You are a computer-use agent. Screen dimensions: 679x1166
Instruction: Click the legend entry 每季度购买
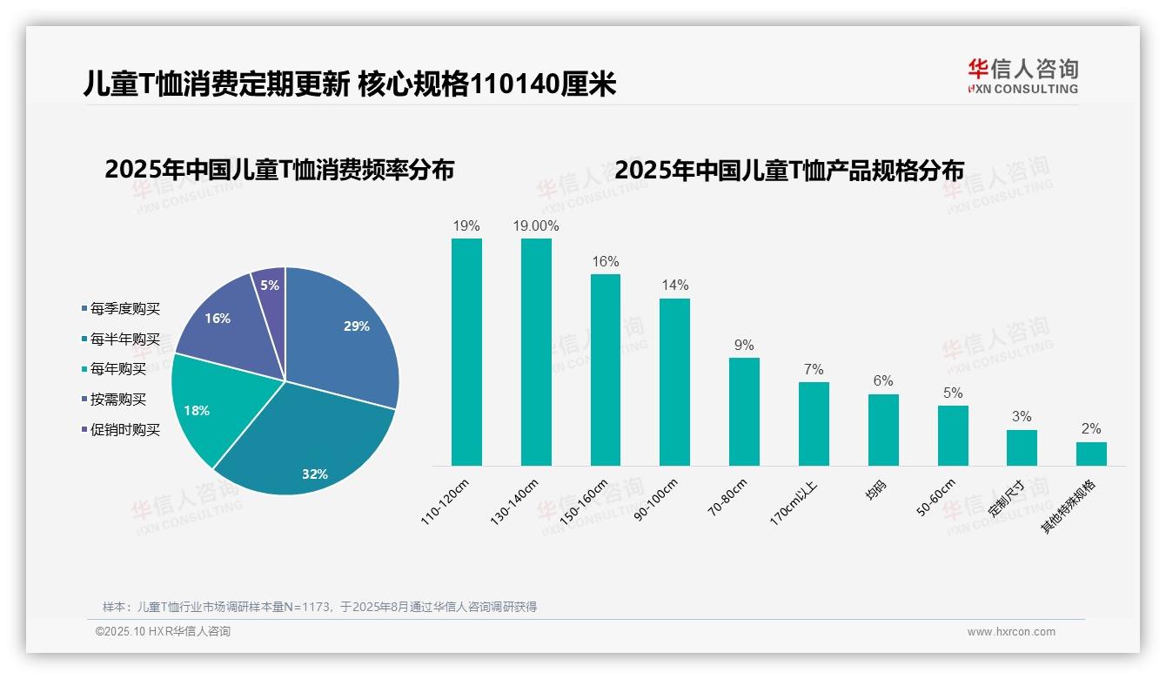pos(124,309)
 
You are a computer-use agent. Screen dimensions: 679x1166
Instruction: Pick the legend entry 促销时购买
pos(124,430)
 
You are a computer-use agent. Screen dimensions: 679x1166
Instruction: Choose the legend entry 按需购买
pos(118,400)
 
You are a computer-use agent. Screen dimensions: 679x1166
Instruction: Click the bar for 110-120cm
pos(466,353)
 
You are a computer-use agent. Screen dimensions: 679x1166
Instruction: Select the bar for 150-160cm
pos(606,370)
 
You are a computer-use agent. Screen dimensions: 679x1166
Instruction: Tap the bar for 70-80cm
pos(744,412)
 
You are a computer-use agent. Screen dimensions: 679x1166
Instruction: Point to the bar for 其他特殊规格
pos(1091,454)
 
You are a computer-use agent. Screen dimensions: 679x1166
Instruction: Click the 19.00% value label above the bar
pos(536,225)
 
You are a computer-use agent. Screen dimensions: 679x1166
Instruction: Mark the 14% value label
pos(674,285)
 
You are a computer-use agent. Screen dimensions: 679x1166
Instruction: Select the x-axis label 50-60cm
pos(936,498)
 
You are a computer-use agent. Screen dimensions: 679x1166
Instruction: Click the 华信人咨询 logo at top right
pos(1022,76)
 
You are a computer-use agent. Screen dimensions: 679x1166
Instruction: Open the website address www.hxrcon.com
pos(1011,632)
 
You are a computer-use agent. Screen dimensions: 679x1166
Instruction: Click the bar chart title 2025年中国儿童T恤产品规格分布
pos(789,171)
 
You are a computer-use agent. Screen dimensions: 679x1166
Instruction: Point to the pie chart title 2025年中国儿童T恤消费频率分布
pos(279,169)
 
